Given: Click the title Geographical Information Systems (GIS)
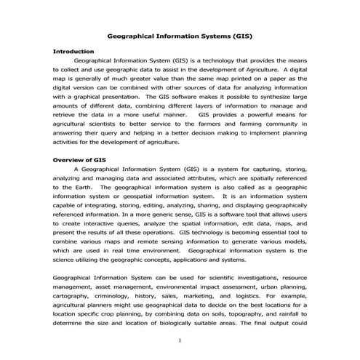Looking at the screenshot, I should (x=180, y=34).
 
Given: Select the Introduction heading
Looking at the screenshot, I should (x=73, y=52).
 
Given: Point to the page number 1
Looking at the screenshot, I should (x=180, y=340).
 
